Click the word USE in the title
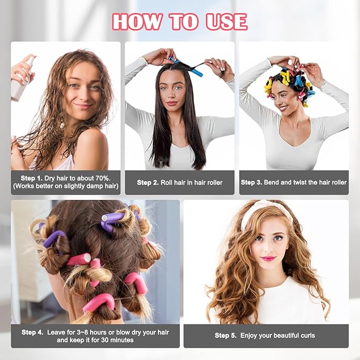point(225,22)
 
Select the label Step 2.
point(148,182)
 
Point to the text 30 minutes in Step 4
point(116,340)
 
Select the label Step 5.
point(225,336)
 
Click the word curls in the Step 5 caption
point(306,336)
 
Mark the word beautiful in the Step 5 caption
point(278,336)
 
